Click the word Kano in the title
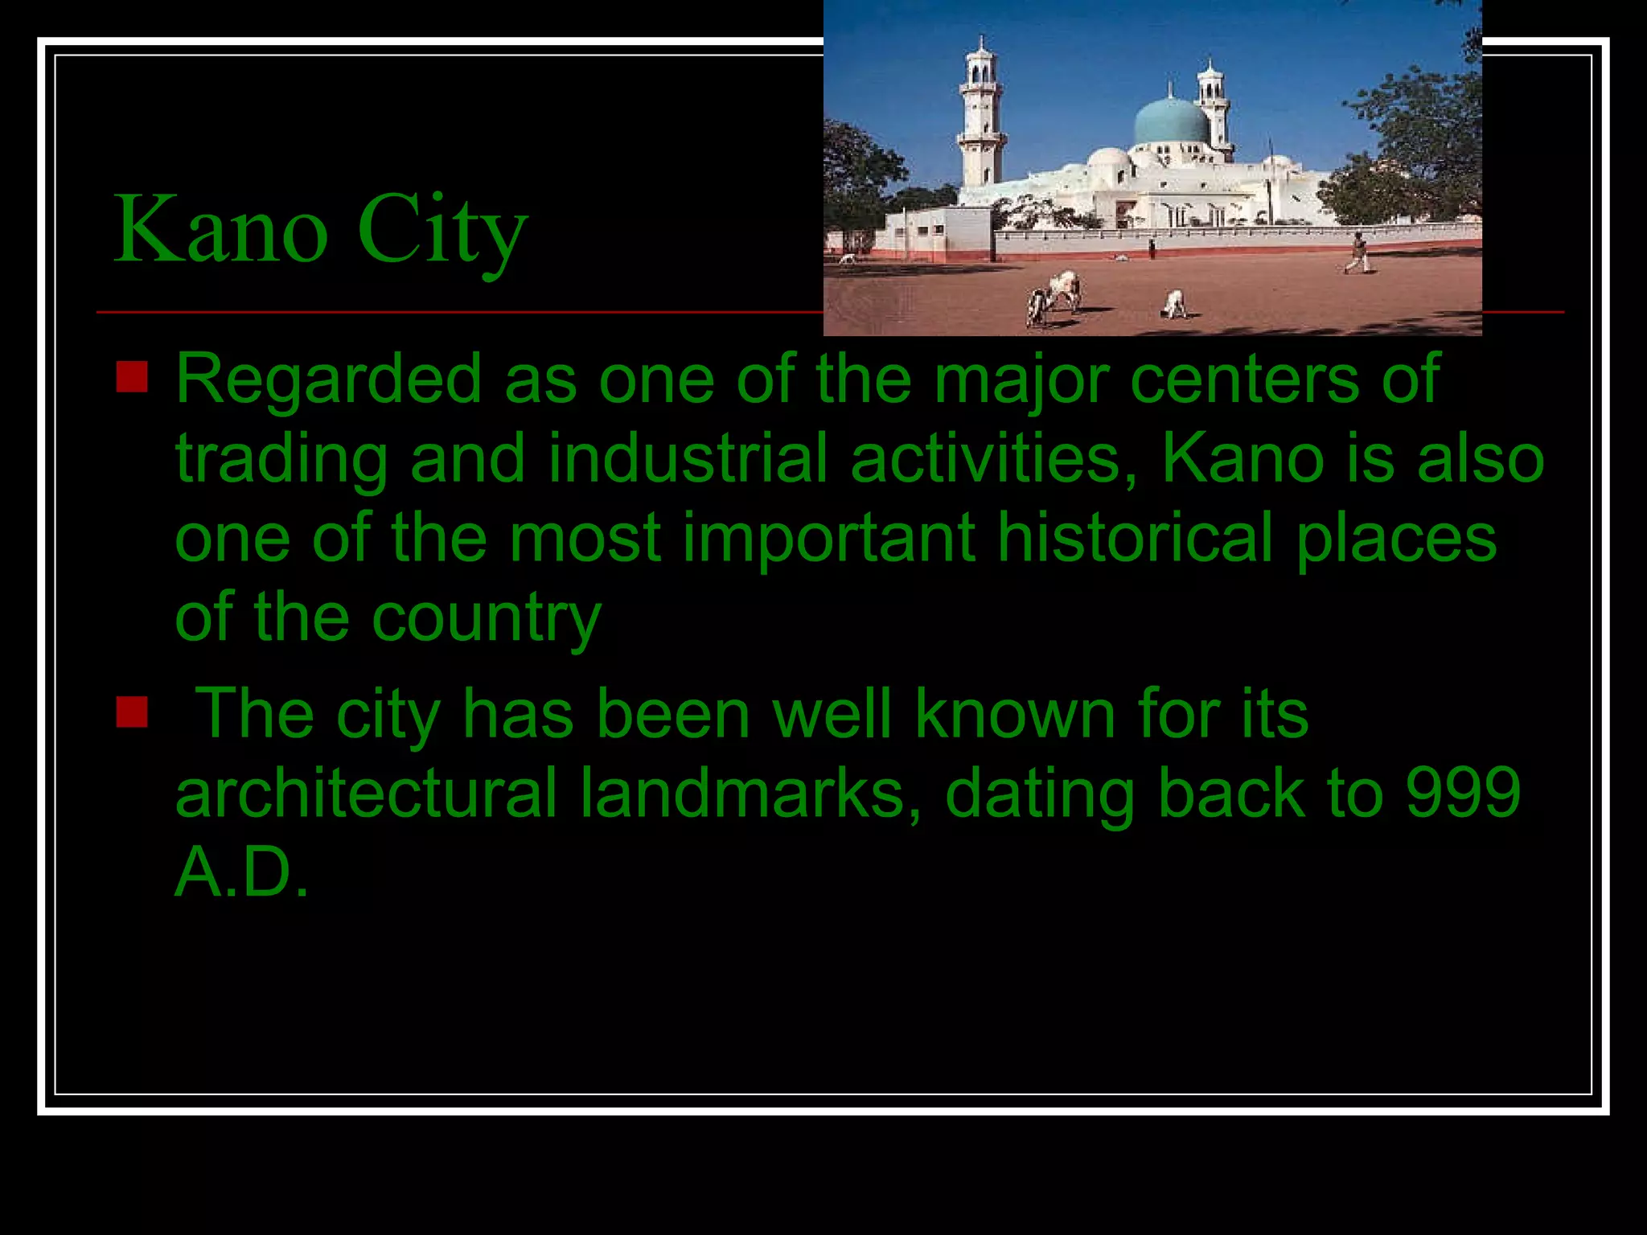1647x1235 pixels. (221, 232)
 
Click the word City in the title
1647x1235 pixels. (442, 232)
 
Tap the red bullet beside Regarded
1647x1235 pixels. (132, 376)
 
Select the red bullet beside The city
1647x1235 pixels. (132, 712)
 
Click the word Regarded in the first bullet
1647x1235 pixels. (328, 380)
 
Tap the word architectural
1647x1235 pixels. (366, 793)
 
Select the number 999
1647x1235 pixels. (1463, 793)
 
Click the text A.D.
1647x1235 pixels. (241, 872)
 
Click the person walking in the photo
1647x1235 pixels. (1357, 253)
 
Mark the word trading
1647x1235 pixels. (281, 460)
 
